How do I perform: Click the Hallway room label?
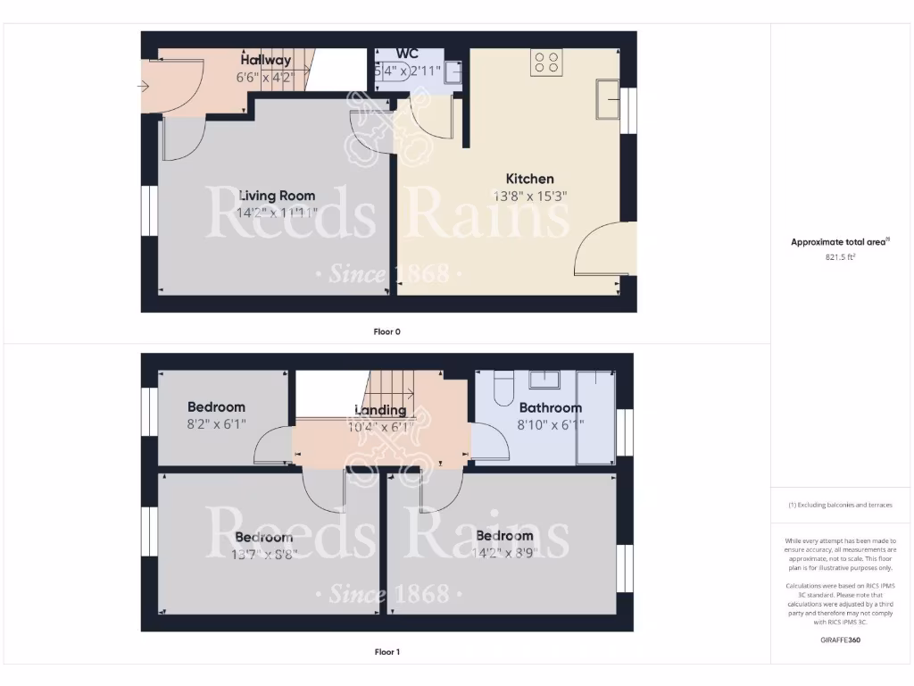(265, 60)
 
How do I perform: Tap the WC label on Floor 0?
(407, 54)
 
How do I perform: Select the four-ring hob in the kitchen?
(546, 62)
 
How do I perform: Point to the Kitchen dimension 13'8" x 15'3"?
(530, 196)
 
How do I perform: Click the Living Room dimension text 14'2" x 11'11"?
(277, 213)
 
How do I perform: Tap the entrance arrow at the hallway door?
(144, 86)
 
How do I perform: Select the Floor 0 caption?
(386, 331)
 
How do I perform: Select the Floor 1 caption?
(386, 652)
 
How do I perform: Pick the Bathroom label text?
(551, 408)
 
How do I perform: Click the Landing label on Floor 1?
(380, 410)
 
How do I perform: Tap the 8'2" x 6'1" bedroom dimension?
(216, 424)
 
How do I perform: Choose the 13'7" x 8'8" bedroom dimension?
(263, 554)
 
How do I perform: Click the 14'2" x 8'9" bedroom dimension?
(504, 553)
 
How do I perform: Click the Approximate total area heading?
(839, 242)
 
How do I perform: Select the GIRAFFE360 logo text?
(840, 640)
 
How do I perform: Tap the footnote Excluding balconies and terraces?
(840, 506)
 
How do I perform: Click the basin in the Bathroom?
(544, 380)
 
